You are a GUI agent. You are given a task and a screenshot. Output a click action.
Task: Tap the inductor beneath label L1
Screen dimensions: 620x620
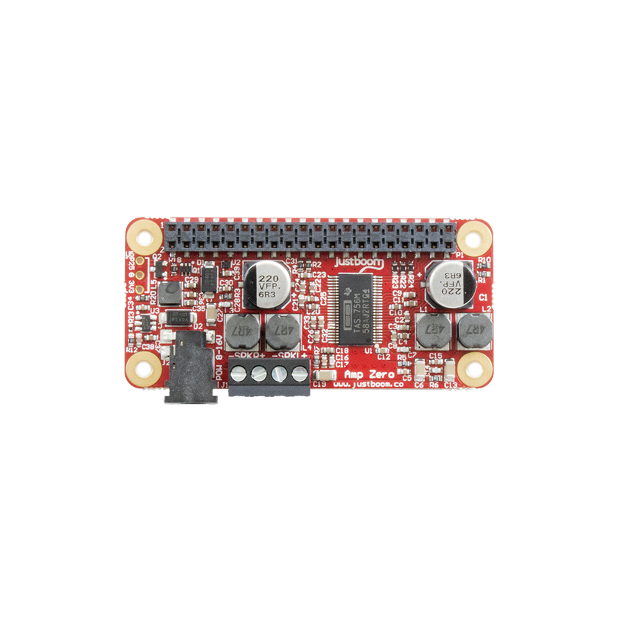[x=432, y=330]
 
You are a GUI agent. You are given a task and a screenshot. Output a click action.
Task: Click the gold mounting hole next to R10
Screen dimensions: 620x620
[x=474, y=236]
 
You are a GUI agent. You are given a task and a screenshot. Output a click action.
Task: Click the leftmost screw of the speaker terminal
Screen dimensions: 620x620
[x=240, y=373]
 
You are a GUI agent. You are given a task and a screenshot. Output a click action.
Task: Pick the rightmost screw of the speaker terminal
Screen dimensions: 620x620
[x=299, y=373]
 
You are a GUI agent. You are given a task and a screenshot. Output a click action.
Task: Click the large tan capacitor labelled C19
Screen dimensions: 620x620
[x=322, y=376]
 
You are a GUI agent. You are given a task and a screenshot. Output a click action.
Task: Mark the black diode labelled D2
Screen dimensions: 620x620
[x=180, y=319]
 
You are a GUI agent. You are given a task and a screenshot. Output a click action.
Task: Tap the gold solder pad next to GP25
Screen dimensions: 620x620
[x=141, y=261]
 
